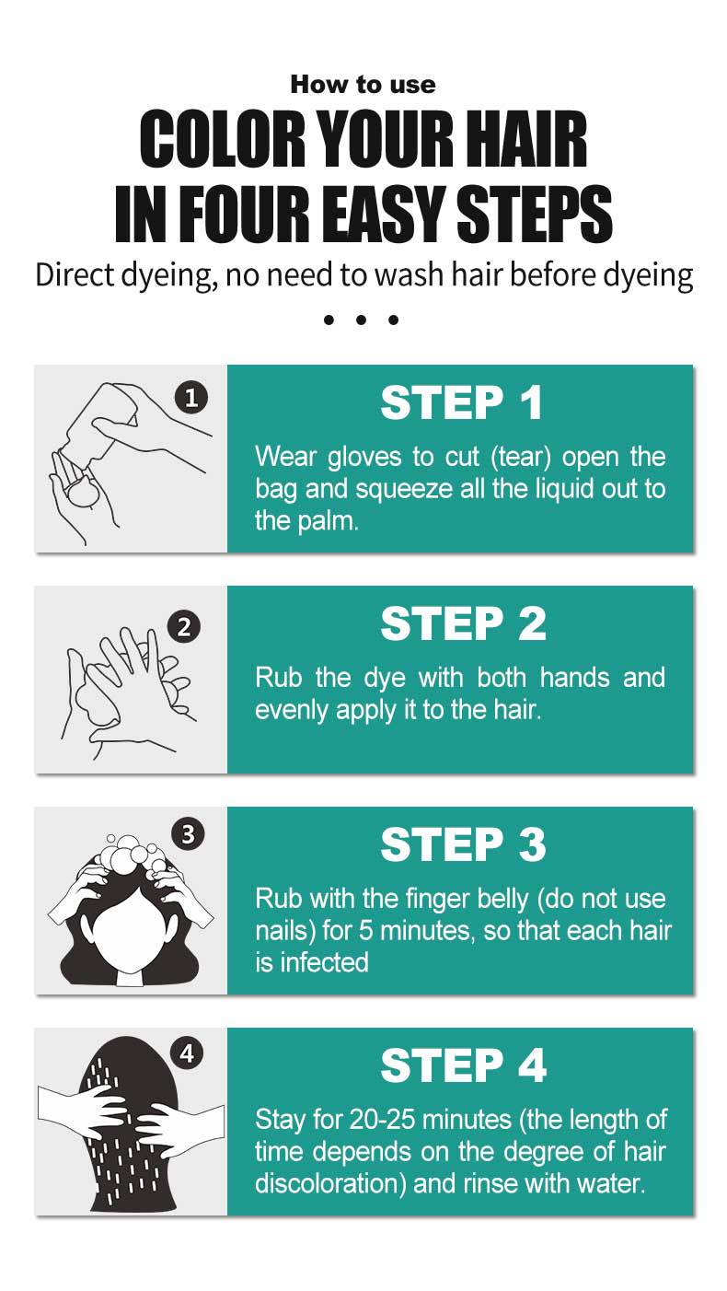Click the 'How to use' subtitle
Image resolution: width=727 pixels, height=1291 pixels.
click(x=363, y=85)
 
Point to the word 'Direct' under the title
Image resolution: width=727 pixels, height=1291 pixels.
click(x=75, y=274)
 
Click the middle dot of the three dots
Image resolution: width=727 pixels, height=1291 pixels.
click(x=361, y=320)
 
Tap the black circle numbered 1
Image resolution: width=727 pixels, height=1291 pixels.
click(x=191, y=398)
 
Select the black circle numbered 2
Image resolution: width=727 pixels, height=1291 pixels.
click(x=184, y=626)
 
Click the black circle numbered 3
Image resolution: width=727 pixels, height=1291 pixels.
click(x=188, y=834)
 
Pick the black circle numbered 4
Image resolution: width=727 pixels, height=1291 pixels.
click(x=187, y=1054)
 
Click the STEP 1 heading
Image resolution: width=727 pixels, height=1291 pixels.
click(x=461, y=402)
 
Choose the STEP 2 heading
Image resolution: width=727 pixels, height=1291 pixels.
click(x=463, y=623)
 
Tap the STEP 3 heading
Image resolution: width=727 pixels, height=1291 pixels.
click(x=463, y=844)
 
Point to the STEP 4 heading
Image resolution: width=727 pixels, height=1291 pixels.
click(x=463, y=1065)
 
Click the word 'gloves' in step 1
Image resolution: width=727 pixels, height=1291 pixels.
click(x=364, y=458)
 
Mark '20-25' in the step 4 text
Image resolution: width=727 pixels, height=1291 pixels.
click(x=383, y=1119)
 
